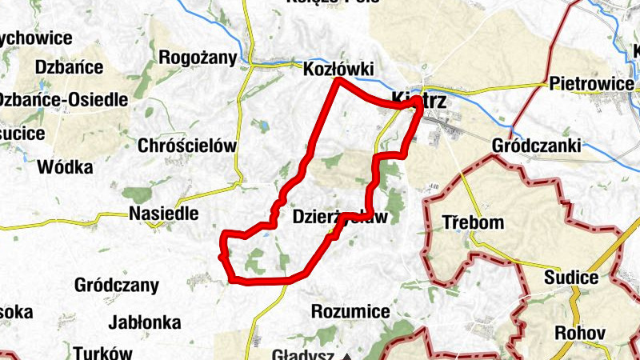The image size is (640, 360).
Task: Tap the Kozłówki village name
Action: [x=339, y=70]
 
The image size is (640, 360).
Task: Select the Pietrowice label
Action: [x=592, y=83]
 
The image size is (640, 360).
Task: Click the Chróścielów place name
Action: [x=188, y=146]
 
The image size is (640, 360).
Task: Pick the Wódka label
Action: [x=65, y=167]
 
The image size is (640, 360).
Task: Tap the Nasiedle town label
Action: [x=163, y=214]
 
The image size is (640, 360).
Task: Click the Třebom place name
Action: [x=474, y=222]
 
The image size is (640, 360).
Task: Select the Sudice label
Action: [x=570, y=278]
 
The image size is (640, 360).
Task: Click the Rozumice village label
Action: [x=350, y=310]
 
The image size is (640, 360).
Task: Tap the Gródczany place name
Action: [x=116, y=285]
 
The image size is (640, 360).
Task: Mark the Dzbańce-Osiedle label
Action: [x=62, y=100]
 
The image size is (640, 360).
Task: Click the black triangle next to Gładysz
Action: [x=347, y=355]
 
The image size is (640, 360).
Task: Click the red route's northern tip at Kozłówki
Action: [x=338, y=81]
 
